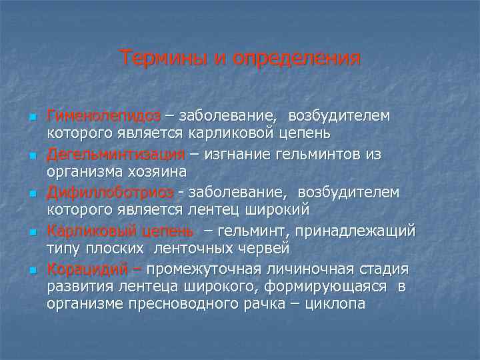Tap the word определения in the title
coord(297,59)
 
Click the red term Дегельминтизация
coord(115,155)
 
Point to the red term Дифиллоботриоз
coord(110,193)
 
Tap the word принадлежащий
coord(361,231)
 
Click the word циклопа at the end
coord(334,304)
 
